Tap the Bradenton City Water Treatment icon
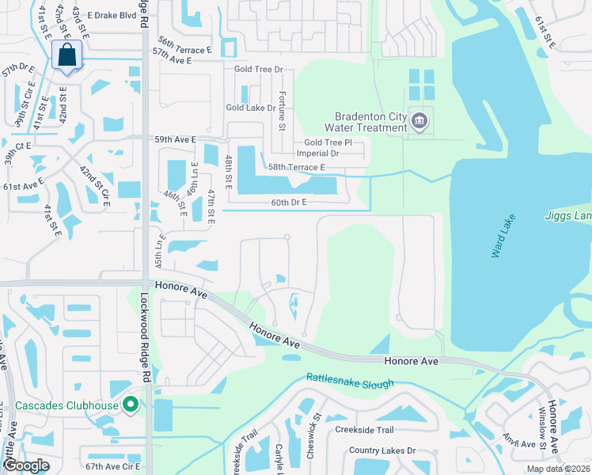pyautogui.click(x=419, y=121)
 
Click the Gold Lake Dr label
pyautogui.click(x=250, y=108)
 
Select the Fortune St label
pyautogui.click(x=282, y=110)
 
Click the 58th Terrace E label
pyautogui.click(x=297, y=167)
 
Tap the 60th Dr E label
pyautogui.click(x=289, y=203)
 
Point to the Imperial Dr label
pyautogui.click(x=317, y=154)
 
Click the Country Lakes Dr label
pyautogui.click(x=383, y=450)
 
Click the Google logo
pyautogui.click(x=25, y=465)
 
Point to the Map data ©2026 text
pyautogui.click(x=558, y=469)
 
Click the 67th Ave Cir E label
pyautogui.click(x=113, y=467)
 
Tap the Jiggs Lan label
pyautogui.click(x=568, y=216)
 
